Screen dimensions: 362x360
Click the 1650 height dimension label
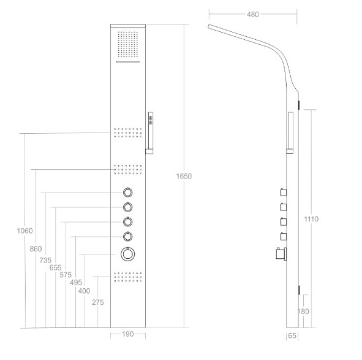pos(184,177)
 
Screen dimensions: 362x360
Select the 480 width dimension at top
pos(252,15)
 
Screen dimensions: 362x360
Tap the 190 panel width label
pos(127,334)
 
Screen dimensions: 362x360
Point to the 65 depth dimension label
pos(292,335)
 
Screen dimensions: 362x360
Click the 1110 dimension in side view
pos(311,219)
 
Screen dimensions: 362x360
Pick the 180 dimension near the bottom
pos(303,312)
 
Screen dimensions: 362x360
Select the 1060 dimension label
pos(25,231)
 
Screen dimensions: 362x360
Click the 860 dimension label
pos(36,249)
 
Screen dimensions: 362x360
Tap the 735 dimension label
pos(45,261)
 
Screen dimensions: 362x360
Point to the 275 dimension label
pos(98,302)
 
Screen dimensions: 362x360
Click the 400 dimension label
pos(84,291)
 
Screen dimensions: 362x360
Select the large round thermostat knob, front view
pos(127,254)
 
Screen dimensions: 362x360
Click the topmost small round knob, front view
pos(127,193)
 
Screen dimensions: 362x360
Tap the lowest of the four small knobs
pos(127,237)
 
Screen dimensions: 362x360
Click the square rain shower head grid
pos(128,44)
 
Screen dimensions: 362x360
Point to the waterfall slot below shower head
pos(128,62)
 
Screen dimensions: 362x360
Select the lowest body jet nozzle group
pos(127,277)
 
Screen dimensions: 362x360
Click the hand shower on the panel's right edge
pos(149,133)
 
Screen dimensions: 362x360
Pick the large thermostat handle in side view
pos(281,254)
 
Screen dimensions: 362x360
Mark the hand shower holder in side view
pos(290,133)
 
